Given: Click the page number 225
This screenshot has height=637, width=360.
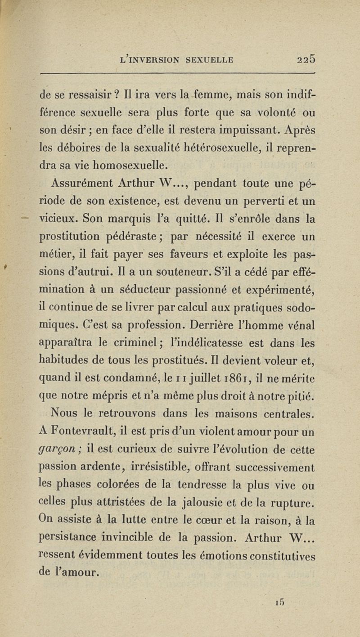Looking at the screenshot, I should click(x=307, y=58).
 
